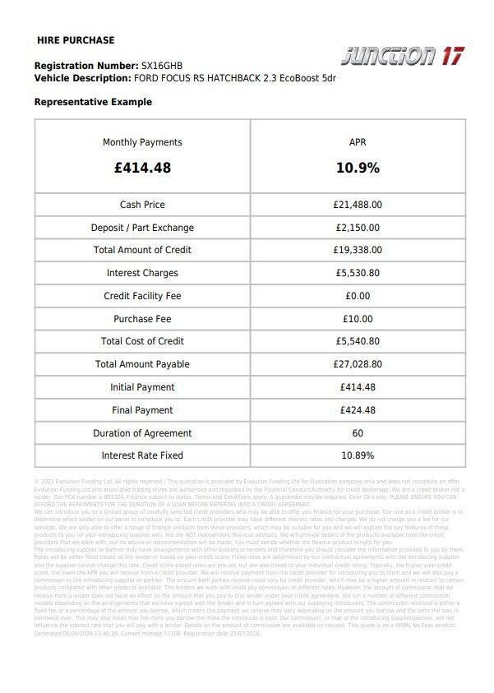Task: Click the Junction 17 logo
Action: click(402, 55)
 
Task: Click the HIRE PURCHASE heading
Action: click(76, 40)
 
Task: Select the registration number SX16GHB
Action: click(162, 65)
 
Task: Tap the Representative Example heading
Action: click(93, 102)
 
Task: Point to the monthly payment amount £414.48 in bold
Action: click(142, 168)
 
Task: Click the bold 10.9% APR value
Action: click(358, 168)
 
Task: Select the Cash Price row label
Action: click(142, 205)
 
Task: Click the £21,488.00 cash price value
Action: click(358, 205)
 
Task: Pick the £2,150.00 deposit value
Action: click(358, 228)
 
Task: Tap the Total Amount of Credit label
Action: click(142, 250)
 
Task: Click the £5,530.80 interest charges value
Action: click(358, 273)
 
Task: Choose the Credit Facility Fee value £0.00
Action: click(358, 296)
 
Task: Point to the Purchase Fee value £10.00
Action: click(358, 319)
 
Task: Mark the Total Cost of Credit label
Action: click(142, 341)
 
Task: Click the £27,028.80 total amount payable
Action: click(358, 364)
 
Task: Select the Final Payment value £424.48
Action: click(358, 410)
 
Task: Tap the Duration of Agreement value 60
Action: click(358, 433)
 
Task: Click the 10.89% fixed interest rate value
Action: click(358, 455)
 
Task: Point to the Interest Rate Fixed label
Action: click(142, 455)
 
